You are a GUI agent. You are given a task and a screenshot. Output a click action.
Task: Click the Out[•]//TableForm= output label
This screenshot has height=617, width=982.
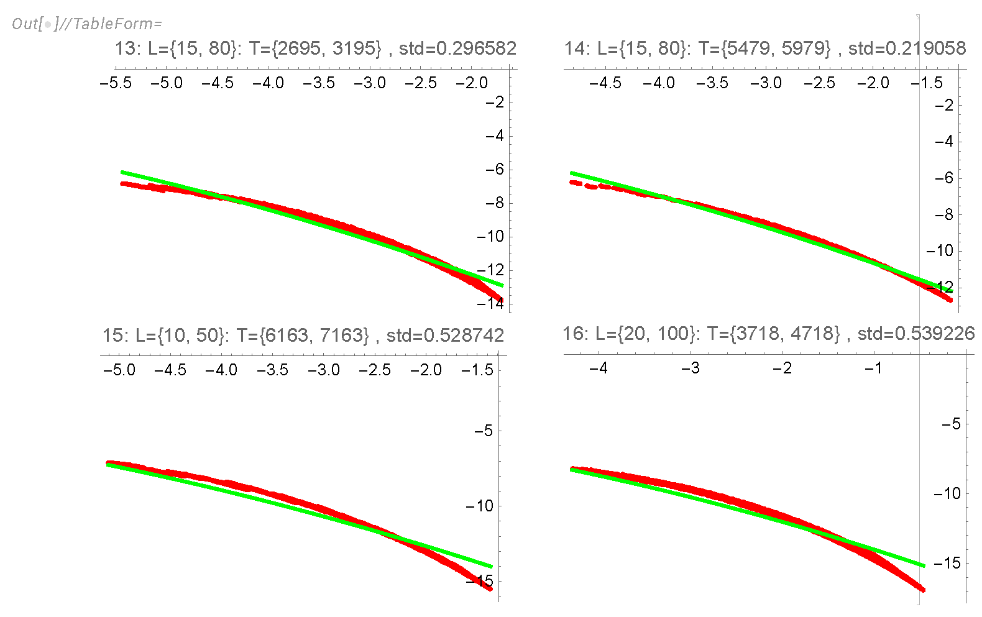(x=86, y=24)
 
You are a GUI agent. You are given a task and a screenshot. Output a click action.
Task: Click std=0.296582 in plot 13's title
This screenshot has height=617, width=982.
(x=457, y=48)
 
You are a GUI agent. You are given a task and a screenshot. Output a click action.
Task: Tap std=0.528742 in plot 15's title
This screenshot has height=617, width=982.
(x=445, y=336)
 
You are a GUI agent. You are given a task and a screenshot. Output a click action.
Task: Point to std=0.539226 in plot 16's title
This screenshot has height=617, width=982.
(x=916, y=334)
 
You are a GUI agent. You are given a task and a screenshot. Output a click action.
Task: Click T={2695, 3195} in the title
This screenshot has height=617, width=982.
(x=315, y=48)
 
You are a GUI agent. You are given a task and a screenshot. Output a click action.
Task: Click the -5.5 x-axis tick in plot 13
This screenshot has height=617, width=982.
(x=116, y=83)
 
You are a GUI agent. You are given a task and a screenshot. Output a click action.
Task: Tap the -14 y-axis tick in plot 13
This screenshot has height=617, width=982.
(x=490, y=303)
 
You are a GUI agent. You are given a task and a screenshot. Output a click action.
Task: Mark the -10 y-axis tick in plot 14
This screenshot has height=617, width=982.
(x=939, y=250)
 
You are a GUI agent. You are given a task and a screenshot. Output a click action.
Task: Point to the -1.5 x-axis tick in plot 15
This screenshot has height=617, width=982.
(x=477, y=370)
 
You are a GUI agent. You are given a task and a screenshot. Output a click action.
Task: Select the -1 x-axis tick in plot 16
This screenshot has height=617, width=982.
(x=873, y=368)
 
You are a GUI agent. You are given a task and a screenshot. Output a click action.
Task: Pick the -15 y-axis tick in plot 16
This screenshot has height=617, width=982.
(x=947, y=563)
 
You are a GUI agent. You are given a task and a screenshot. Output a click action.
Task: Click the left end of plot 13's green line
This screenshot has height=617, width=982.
(x=122, y=172)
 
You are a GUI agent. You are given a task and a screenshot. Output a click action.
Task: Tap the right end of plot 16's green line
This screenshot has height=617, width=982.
(x=924, y=565)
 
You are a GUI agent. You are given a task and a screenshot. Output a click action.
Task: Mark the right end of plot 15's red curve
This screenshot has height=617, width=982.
(x=491, y=588)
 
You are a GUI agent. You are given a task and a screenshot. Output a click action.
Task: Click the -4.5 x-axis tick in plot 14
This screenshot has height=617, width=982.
(x=605, y=83)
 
